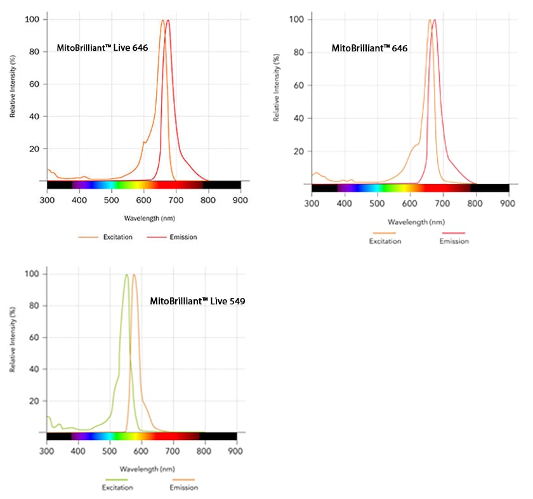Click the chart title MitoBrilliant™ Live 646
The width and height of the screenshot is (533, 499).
click(x=102, y=48)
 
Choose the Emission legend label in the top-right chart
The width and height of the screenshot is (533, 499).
click(x=454, y=241)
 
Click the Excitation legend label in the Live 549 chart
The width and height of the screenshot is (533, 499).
click(x=117, y=488)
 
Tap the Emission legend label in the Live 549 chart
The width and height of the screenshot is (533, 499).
click(x=184, y=488)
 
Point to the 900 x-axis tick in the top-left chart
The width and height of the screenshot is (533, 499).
click(x=240, y=199)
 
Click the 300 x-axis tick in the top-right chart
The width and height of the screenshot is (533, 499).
click(x=312, y=204)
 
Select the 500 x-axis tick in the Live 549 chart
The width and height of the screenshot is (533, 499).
click(x=110, y=451)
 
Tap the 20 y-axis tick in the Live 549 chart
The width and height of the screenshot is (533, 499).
click(x=36, y=401)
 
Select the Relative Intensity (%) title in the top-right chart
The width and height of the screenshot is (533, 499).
click(x=277, y=96)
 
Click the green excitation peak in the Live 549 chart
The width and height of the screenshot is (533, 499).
click(x=127, y=275)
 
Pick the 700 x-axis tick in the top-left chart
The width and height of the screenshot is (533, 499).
click(x=176, y=199)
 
